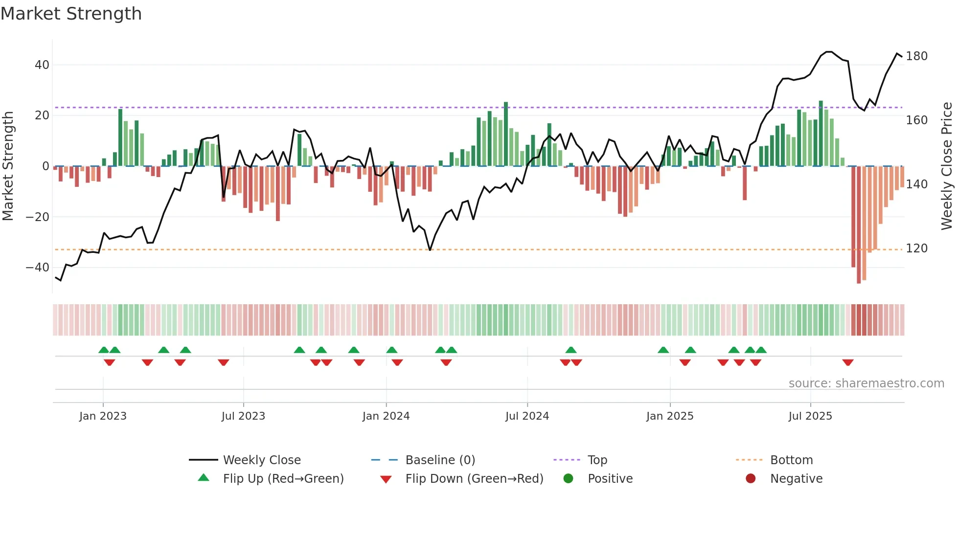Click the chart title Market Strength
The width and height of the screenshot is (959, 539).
coord(71,14)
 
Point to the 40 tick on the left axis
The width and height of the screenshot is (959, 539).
coord(42,65)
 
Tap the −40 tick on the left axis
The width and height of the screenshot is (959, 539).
coord(38,268)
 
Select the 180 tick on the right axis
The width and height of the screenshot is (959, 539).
coord(916,56)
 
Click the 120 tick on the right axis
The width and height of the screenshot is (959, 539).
coord(916,248)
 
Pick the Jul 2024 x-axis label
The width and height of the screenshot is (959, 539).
coord(527,416)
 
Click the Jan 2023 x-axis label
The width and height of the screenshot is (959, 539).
coord(103,416)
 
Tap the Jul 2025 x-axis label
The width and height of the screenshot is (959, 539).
coord(810,416)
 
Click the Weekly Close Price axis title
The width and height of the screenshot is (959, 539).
coord(947,166)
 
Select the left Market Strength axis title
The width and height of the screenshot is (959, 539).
coord(8,166)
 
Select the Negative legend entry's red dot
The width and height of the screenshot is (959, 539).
coord(751,479)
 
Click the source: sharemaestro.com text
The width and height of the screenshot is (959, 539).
coord(866,383)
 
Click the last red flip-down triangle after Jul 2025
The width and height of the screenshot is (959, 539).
coord(848,362)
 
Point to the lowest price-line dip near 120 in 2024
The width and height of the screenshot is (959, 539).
coord(430,250)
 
